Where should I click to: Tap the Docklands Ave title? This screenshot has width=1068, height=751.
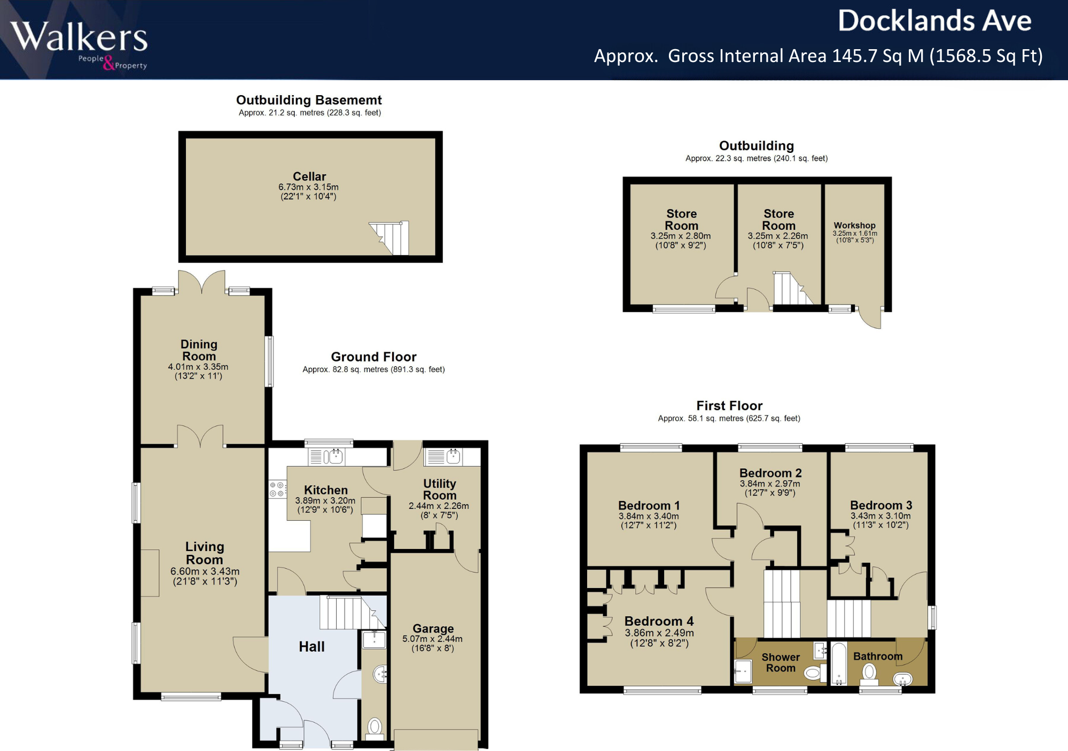point(934,21)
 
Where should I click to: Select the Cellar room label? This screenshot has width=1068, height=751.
point(309,176)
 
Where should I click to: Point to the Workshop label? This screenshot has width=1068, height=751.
point(854,226)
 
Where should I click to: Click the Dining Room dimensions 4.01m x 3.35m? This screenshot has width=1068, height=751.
point(198,367)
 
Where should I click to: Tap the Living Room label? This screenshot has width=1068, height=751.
point(205,553)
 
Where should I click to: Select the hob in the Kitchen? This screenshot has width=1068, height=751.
point(277,489)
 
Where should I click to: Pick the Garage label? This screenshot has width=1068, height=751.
point(433,629)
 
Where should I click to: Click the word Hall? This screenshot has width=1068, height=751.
point(311,647)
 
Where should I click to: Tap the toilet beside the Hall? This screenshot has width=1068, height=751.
point(375,727)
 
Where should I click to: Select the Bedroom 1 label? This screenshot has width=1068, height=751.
point(649,506)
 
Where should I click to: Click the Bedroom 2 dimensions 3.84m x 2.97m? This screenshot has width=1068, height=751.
point(770,484)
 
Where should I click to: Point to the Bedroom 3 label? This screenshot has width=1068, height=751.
point(881,505)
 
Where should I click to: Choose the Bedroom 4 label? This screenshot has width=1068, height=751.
point(659,621)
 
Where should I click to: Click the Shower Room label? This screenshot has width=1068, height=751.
point(781,662)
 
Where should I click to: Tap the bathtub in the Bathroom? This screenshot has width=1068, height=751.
point(839,663)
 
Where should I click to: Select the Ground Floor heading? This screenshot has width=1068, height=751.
point(373,357)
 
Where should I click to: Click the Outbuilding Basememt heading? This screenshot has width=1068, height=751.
point(309,100)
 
